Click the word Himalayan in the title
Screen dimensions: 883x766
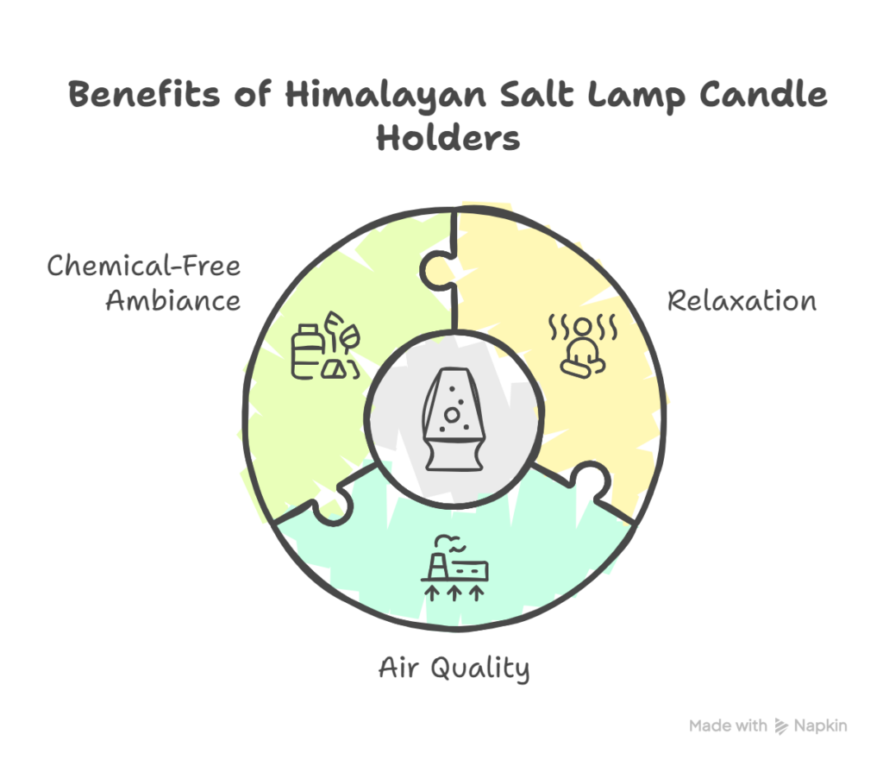coord(385,96)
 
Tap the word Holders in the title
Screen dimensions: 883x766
coord(448,137)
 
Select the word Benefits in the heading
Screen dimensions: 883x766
coord(144,93)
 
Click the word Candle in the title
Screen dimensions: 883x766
coord(764,93)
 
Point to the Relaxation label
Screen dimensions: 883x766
coord(742,300)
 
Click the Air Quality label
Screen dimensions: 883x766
coord(454,669)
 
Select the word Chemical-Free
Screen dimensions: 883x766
coord(144,266)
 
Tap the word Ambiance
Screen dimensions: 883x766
coord(172,300)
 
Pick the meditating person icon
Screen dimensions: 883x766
coord(583,346)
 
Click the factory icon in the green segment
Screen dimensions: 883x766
coord(454,568)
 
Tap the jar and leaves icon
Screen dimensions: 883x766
coord(325,346)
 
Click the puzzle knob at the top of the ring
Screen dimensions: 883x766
coord(436,271)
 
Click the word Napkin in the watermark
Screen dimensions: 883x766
coord(820,726)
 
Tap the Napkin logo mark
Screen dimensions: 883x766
coord(781,726)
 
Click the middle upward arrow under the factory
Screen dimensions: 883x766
coord(454,593)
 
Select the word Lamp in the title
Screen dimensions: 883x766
coord(636,96)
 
